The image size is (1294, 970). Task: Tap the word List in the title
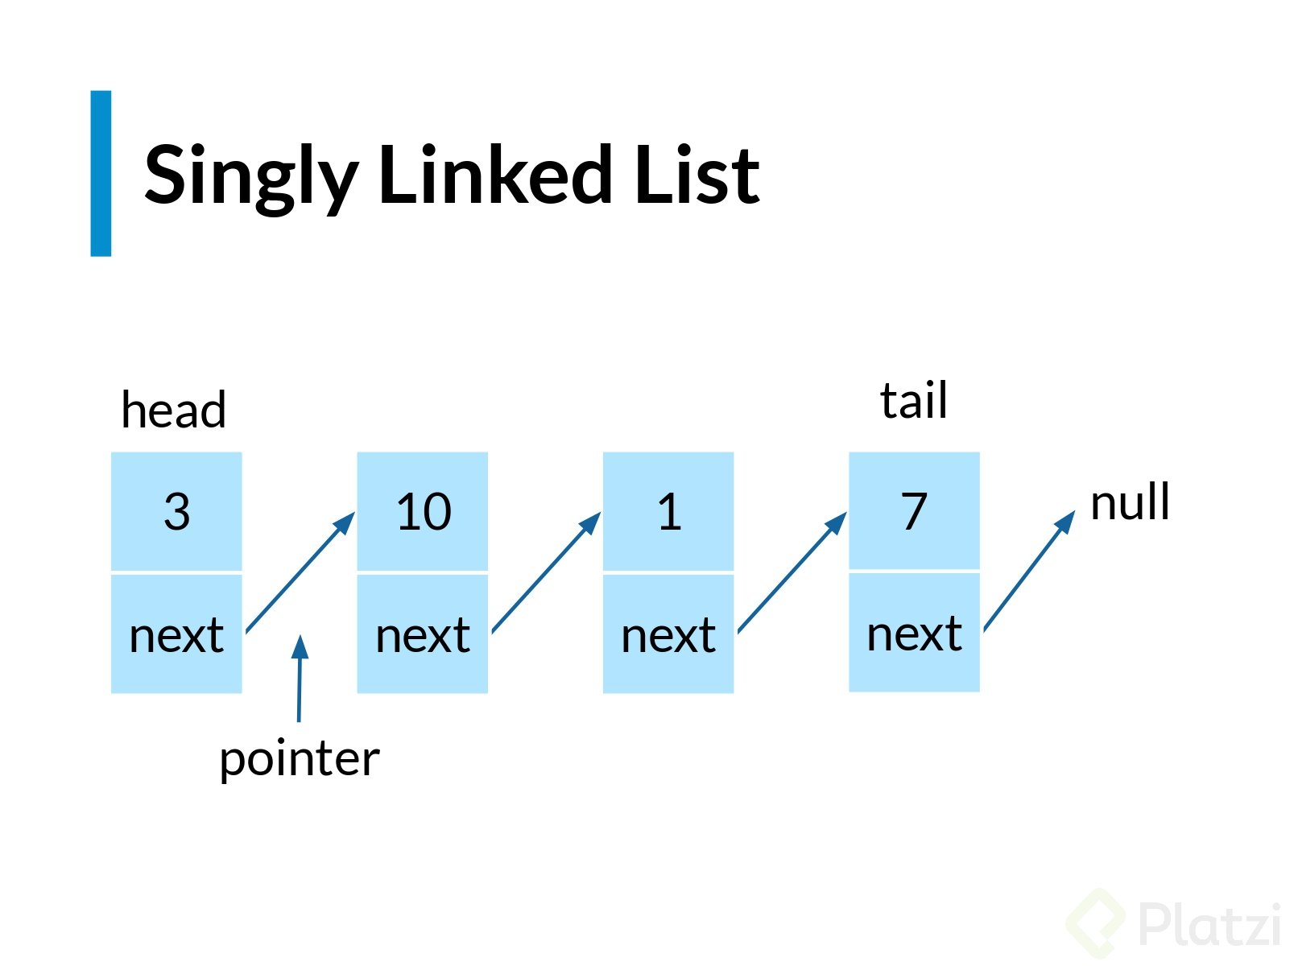[697, 175]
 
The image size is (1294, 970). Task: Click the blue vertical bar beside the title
[101, 173]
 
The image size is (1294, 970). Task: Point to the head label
[173, 409]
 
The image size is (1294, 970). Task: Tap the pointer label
[300, 761]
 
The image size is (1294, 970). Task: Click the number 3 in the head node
[177, 511]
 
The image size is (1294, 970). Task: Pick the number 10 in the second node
[424, 511]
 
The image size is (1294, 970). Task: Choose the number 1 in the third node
[669, 511]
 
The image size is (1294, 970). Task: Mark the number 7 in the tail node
[914, 510]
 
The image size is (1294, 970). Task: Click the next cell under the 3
[176, 634]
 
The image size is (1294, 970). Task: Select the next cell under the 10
[423, 634]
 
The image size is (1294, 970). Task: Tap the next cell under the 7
[915, 633]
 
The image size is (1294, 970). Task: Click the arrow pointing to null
[1029, 571]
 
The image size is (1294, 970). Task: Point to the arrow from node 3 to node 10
[300, 572]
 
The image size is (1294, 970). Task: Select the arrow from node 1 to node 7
[792, 572]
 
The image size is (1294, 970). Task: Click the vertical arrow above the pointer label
[300, 679]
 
